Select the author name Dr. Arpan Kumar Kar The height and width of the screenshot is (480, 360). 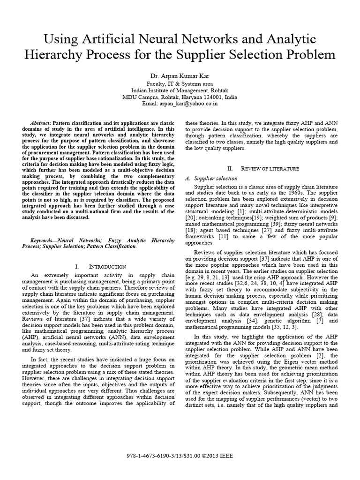click(x=180, y=77)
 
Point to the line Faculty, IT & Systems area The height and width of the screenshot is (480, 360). click(x=180, y=84)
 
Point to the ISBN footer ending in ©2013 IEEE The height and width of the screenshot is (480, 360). click(x=180, y=455)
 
